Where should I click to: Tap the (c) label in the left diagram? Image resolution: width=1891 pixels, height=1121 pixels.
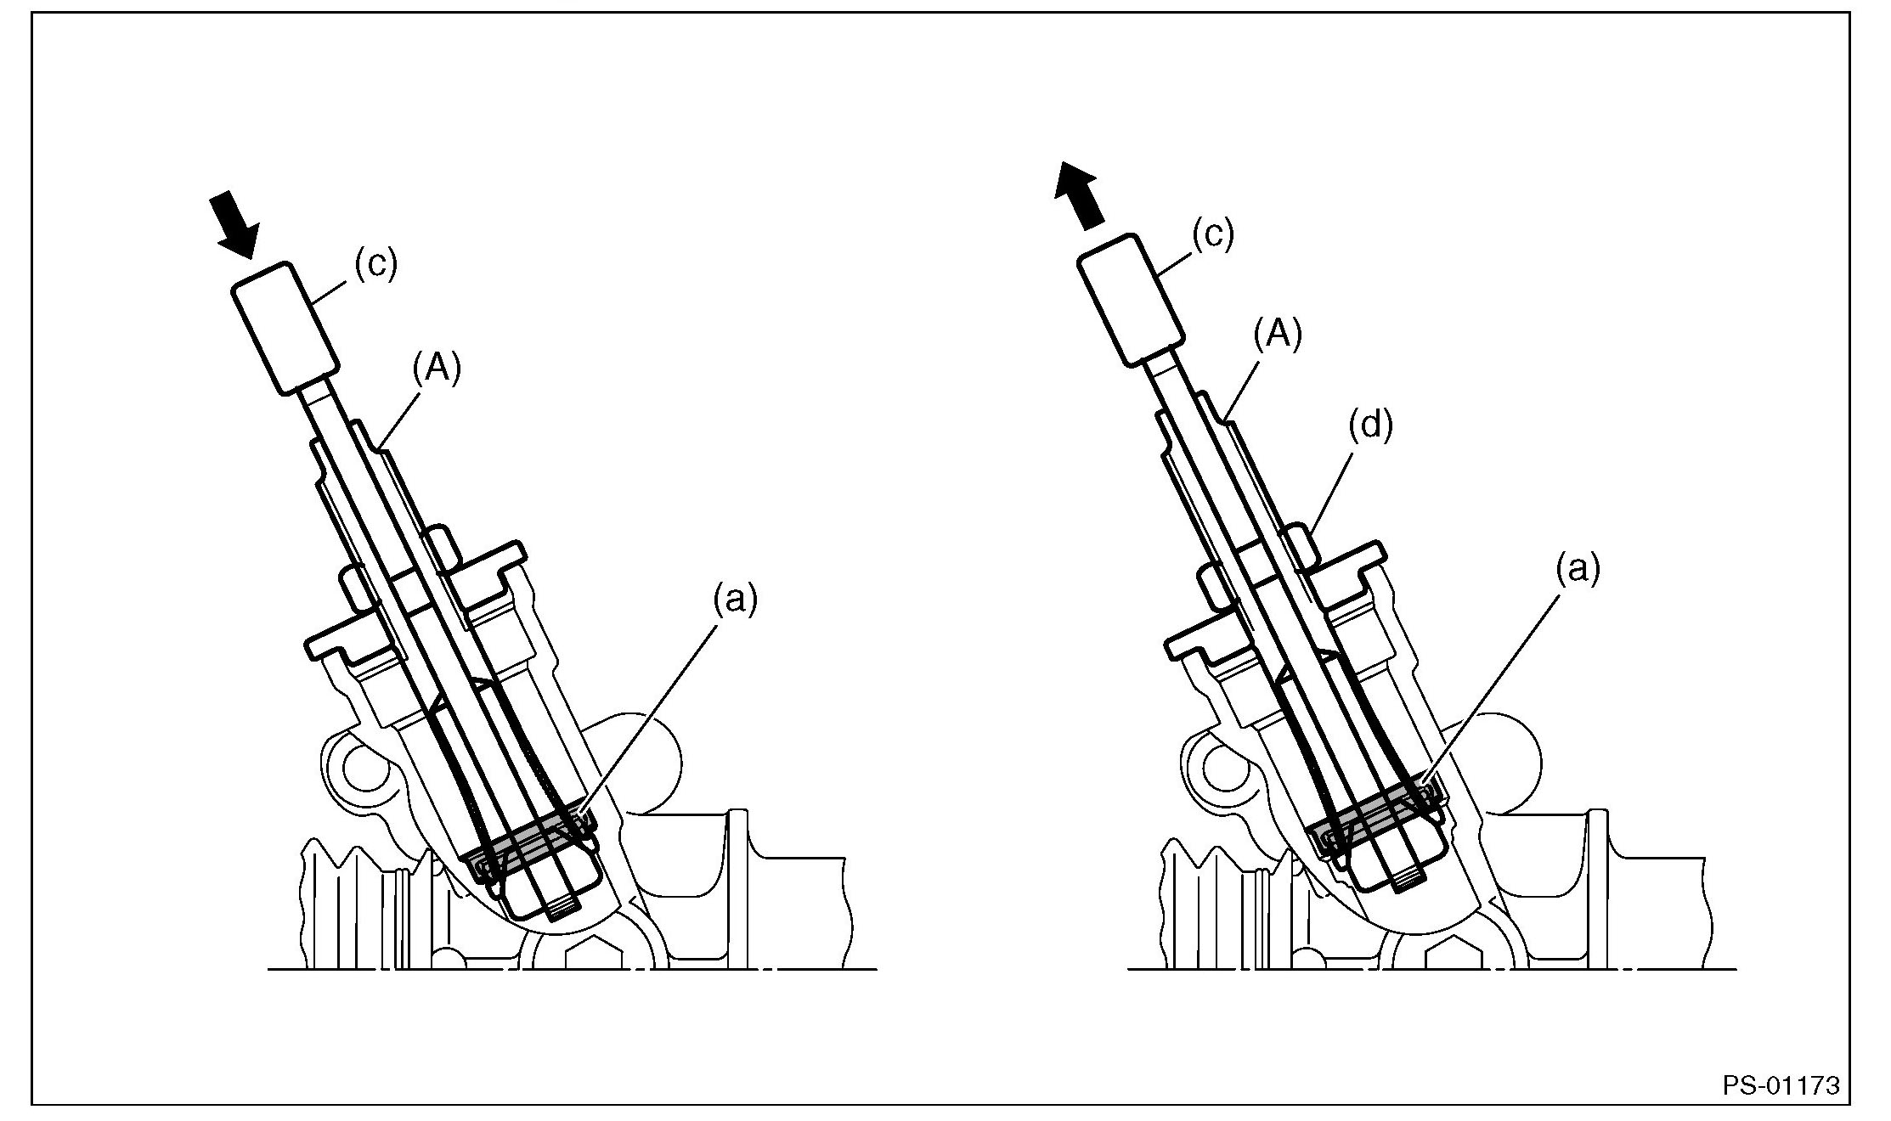(375, 265)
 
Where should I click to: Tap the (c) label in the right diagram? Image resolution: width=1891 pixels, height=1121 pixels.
(1212, 234)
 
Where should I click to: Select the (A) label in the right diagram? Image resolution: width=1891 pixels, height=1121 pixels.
(1278, 335)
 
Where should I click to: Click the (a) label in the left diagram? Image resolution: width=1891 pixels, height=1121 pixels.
(734, 600)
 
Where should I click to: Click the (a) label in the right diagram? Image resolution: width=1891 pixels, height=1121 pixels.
(1577, 568)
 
